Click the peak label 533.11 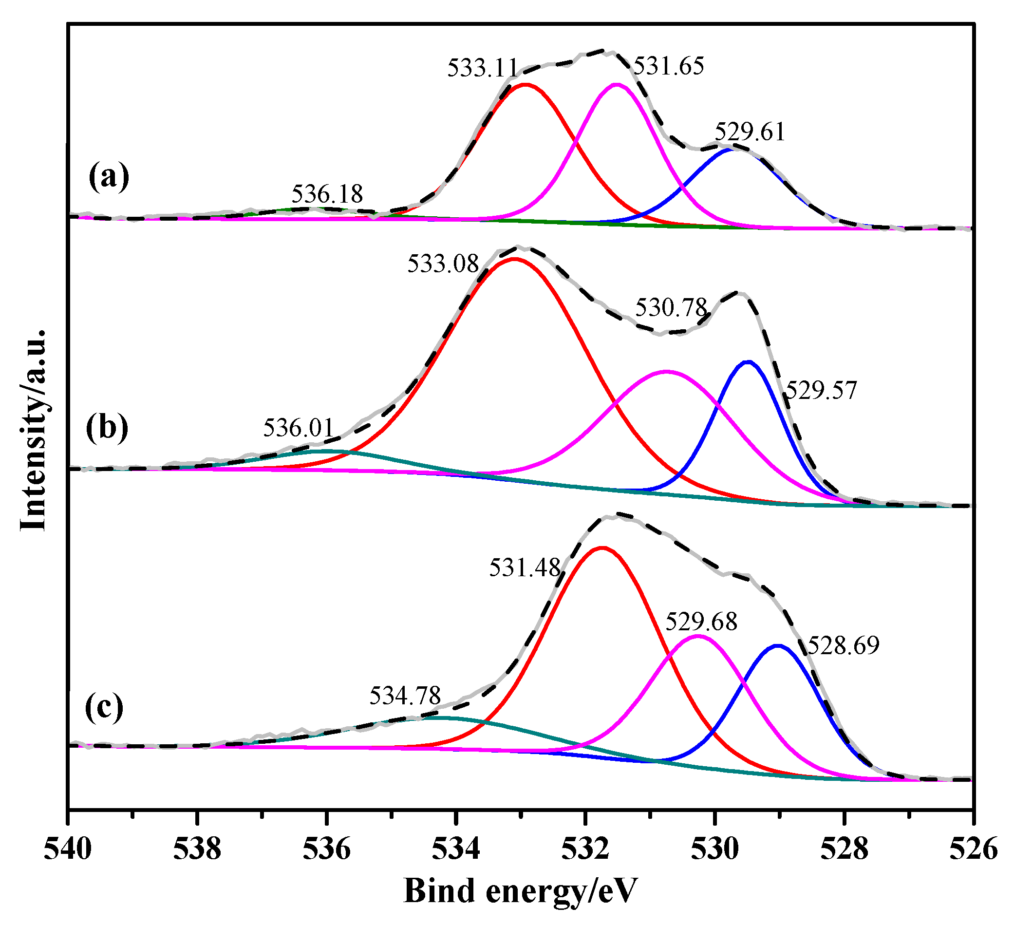482,68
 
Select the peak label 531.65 669,66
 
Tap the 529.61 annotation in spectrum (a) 750,132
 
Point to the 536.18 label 327,193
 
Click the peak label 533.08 443,263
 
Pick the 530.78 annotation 671,307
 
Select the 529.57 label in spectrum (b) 821,390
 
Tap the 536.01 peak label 298,428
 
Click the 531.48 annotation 525,568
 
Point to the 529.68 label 701,622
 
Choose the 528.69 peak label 844,645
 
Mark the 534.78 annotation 405,696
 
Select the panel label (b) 107,429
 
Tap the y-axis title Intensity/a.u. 34,430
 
